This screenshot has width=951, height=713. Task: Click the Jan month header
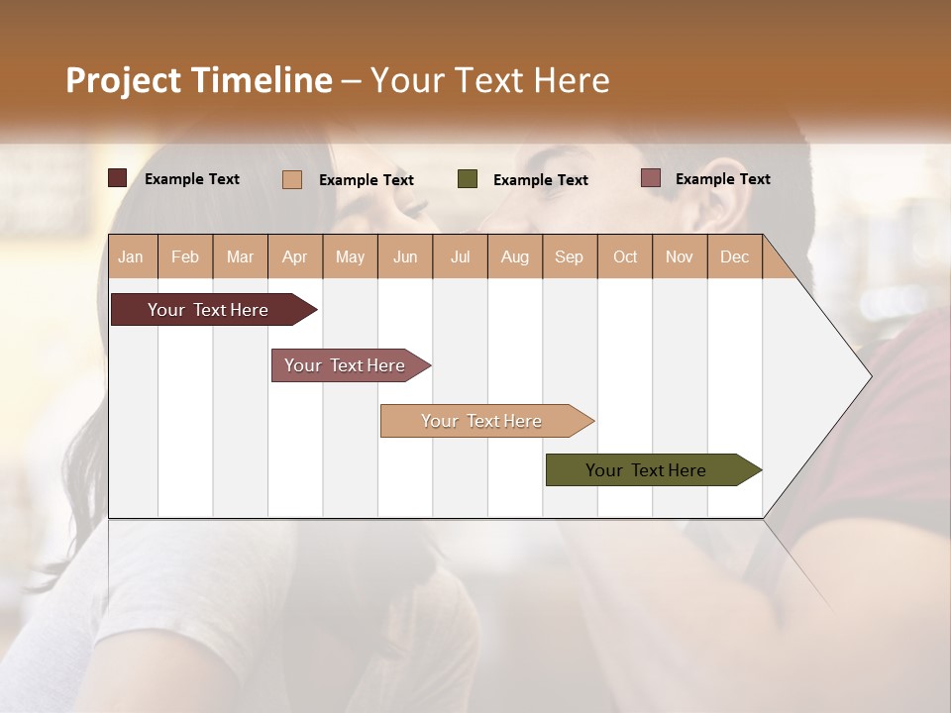point(132,256)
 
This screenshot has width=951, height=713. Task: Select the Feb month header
point(185,256)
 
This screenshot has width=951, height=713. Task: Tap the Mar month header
point(240,256)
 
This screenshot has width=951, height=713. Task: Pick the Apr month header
point(295,256)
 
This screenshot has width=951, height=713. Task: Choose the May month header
point(350,256)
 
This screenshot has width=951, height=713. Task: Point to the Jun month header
point(405,256)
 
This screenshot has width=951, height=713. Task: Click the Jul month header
point(460,256)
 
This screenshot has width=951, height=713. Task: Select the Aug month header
point(515,256)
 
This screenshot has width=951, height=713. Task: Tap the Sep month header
point(570,256)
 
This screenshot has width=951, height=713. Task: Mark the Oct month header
point(625,256)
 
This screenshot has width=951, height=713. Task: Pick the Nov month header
point(680,256)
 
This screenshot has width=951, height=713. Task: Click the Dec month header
point(735,256)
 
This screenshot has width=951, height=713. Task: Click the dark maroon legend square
point(118,178)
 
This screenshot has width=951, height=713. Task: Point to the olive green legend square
point(468,179)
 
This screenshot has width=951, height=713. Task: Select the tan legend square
point(292,179)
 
